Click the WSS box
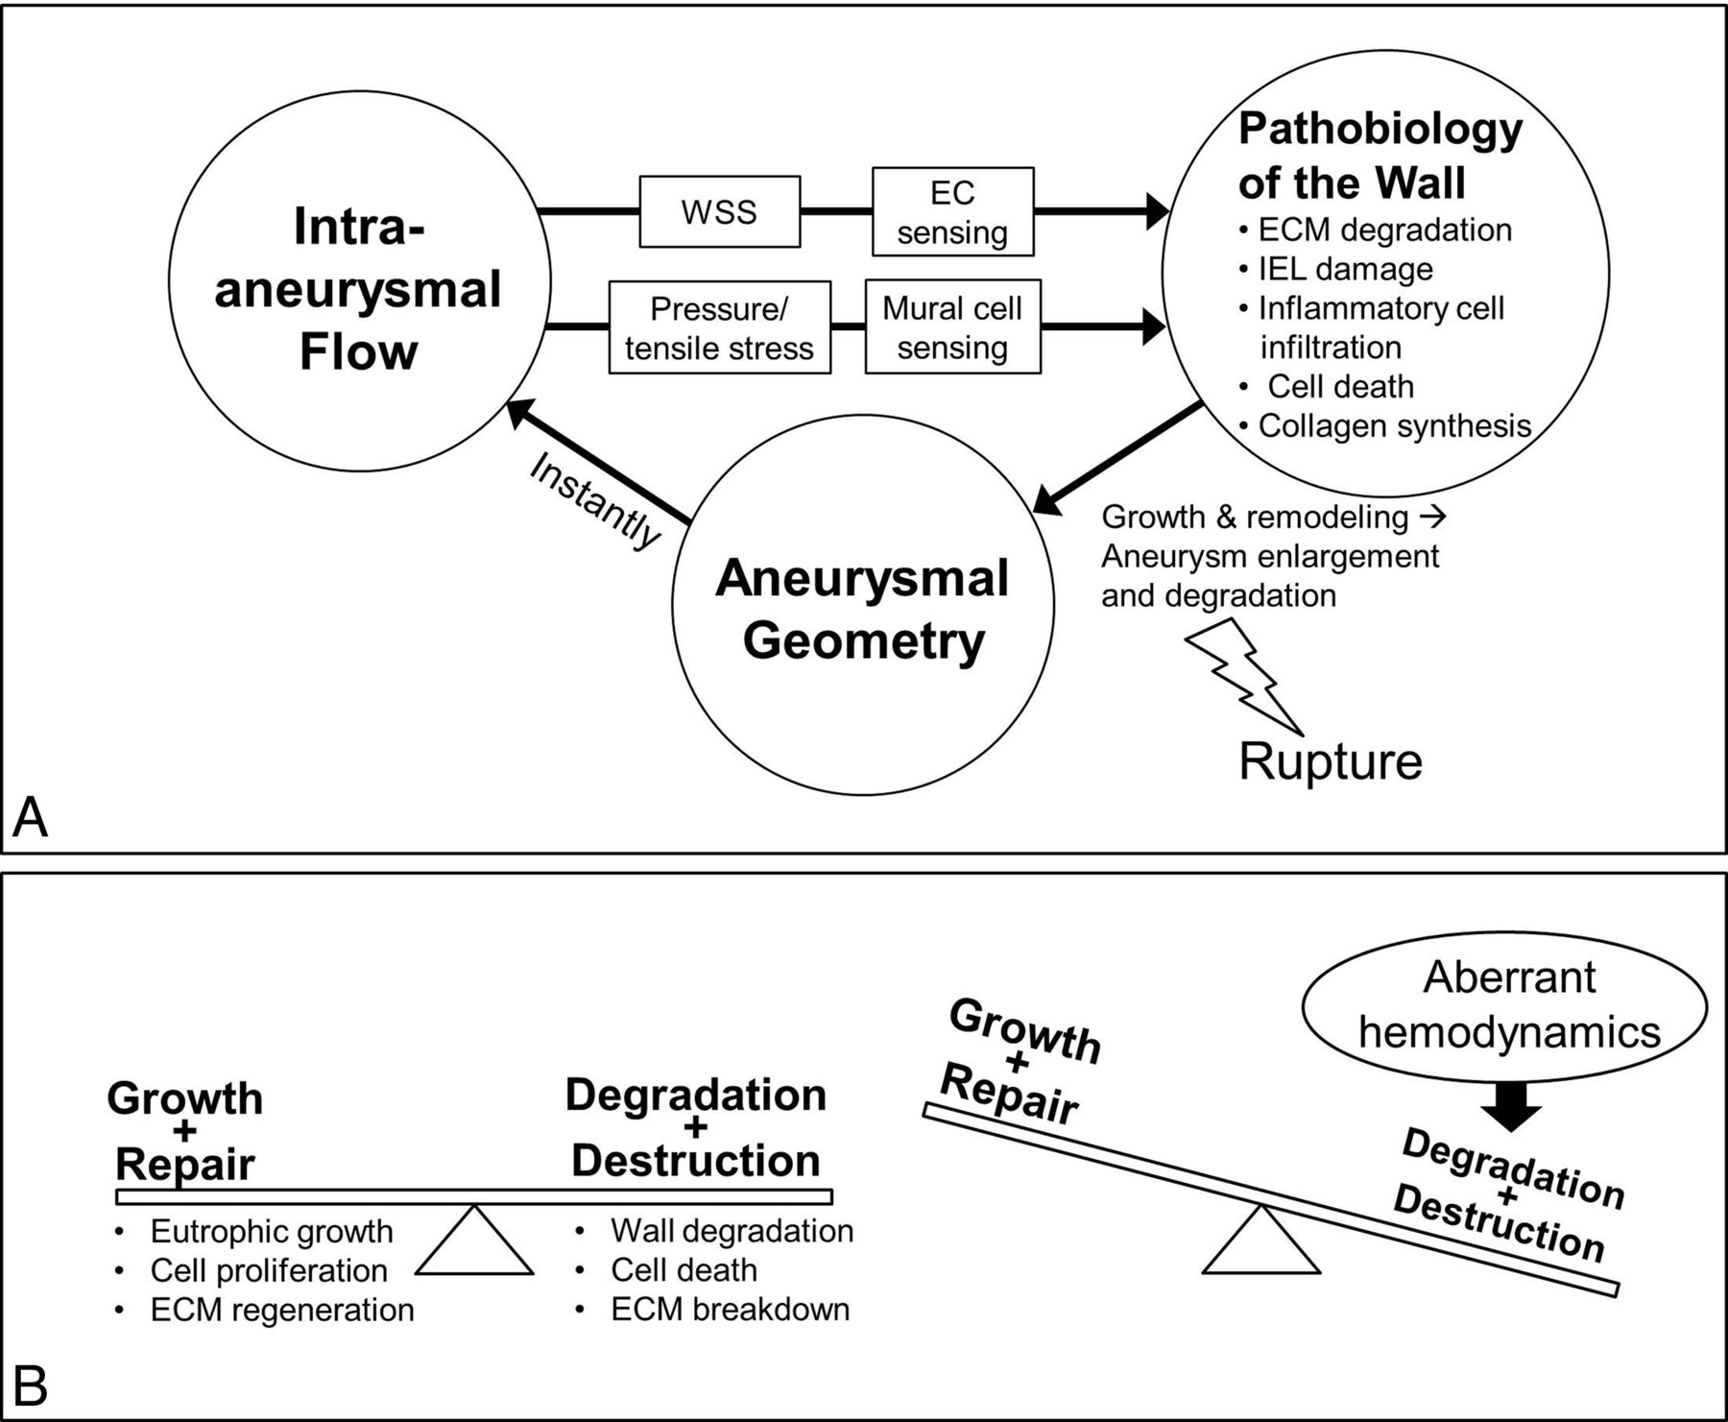719,211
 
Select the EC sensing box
952,212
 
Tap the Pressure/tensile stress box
719,327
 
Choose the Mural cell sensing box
952,327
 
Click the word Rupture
1330,761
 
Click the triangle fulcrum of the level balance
474,1243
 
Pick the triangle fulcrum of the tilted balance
1260,1243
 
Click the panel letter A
30,818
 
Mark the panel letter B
30,1386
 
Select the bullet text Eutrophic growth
271,1232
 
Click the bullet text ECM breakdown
730,1310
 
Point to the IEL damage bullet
1344,270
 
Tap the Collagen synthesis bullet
1393,426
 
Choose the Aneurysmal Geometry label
862,610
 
